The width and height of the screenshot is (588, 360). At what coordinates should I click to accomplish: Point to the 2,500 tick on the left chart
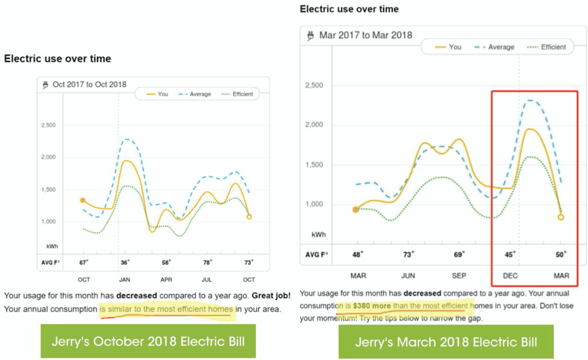[50, 126]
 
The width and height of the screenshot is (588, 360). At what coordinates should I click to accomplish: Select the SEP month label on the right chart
[459, 276]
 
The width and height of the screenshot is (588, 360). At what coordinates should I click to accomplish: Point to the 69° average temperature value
[460, 254]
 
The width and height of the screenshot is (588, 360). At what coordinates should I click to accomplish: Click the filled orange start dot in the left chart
[83, 200]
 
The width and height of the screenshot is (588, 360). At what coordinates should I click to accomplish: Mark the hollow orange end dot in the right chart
[561, 217]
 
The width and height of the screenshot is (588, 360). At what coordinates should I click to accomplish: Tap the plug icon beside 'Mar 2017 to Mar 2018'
[310, 35]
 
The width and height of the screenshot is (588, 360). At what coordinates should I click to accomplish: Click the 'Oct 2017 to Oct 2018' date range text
[90, 84]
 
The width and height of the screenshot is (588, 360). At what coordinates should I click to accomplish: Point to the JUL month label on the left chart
[208, 279]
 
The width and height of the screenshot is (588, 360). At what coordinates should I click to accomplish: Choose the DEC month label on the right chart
[510, 276]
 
